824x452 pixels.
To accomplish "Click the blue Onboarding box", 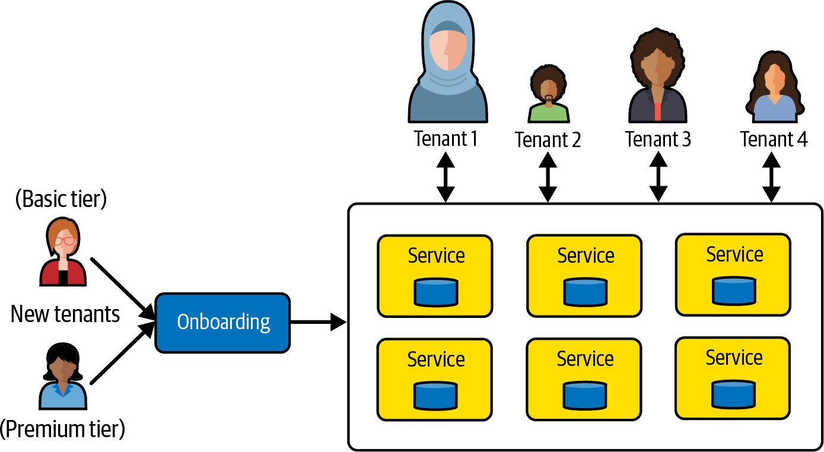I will [223, 322].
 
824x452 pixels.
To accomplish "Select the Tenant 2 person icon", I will [548, 95].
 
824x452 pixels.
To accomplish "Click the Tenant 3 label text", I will [658, 139].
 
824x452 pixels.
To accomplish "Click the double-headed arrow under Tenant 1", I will [446, 177].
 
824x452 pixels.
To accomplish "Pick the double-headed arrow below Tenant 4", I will [771, 177].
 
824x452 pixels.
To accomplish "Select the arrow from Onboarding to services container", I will [318, 323].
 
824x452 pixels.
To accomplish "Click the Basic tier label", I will [61, 199].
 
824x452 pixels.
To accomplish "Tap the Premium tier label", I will [62, 429].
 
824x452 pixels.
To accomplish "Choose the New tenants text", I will [65, 314].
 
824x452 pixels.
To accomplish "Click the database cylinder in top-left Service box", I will [436, 291].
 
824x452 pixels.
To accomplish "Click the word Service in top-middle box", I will [585, 256].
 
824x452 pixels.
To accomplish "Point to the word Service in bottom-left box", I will [436, 359].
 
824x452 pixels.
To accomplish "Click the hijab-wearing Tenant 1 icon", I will [448, 65].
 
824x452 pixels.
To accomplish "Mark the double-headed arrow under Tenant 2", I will [548, 177].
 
